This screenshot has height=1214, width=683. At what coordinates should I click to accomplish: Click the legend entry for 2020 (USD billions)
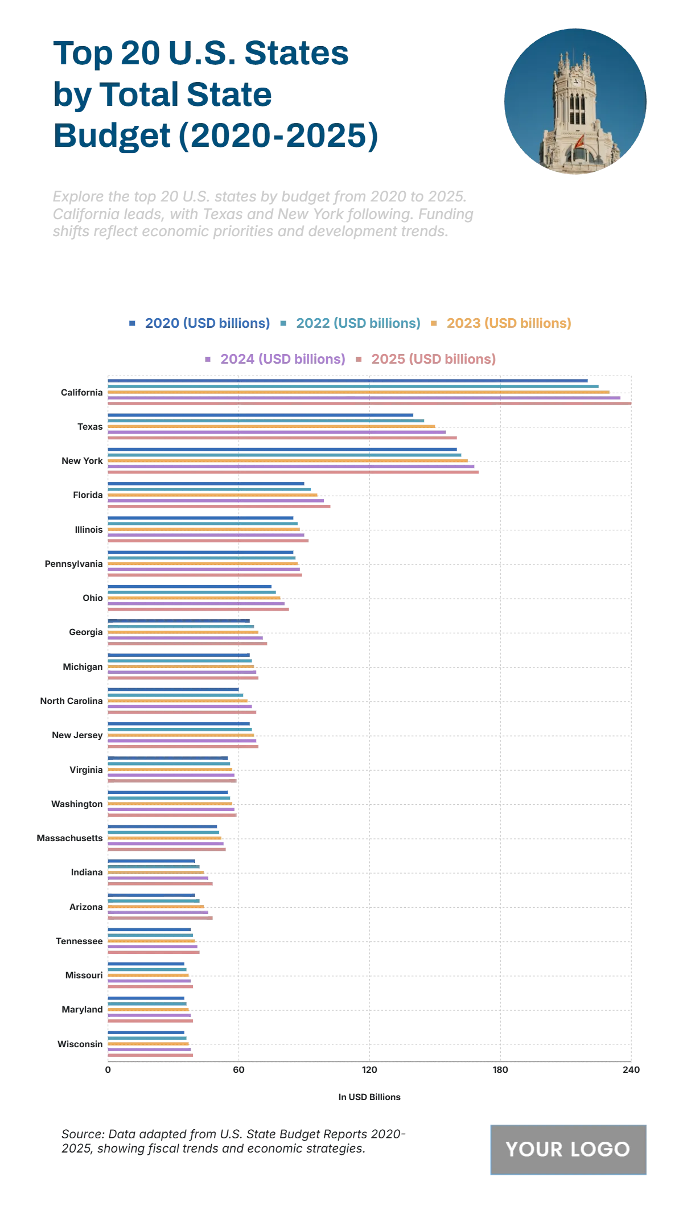click(207, 323)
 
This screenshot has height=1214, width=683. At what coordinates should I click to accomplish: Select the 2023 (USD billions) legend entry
click(508, 323)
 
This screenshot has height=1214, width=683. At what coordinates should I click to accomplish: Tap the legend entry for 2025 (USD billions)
click(433, 359)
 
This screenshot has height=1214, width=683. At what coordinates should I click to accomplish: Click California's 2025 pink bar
click(370, 404)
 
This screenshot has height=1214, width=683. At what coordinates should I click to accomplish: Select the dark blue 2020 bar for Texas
click(261, 415)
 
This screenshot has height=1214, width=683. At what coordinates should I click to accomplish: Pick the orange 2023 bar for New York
click(287, 461)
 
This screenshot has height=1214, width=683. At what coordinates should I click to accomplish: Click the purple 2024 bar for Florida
click(216, 501)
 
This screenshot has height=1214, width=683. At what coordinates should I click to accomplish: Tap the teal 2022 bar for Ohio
click(192, 592)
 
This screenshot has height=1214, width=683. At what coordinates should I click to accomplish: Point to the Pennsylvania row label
click(73, 564)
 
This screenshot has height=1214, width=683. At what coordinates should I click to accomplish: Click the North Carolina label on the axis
click(71, 701)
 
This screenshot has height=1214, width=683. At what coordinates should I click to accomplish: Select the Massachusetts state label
click(69, 838)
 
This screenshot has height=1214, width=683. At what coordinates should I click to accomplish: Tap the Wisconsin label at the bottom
click(80, 1044)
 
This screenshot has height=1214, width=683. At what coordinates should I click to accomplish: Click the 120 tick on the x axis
click(369, 1070)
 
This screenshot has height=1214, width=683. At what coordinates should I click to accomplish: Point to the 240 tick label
click(631, 1070)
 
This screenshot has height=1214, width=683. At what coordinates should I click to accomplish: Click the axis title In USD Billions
click(369, 1097)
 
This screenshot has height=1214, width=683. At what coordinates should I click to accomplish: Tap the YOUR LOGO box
click(568, 1150)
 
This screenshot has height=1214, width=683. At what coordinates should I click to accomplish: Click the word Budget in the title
click(112, 135)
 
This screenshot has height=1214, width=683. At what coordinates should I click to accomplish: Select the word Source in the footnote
click(83, 1134)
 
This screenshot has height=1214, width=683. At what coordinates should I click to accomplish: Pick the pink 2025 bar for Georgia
click(187, 644)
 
